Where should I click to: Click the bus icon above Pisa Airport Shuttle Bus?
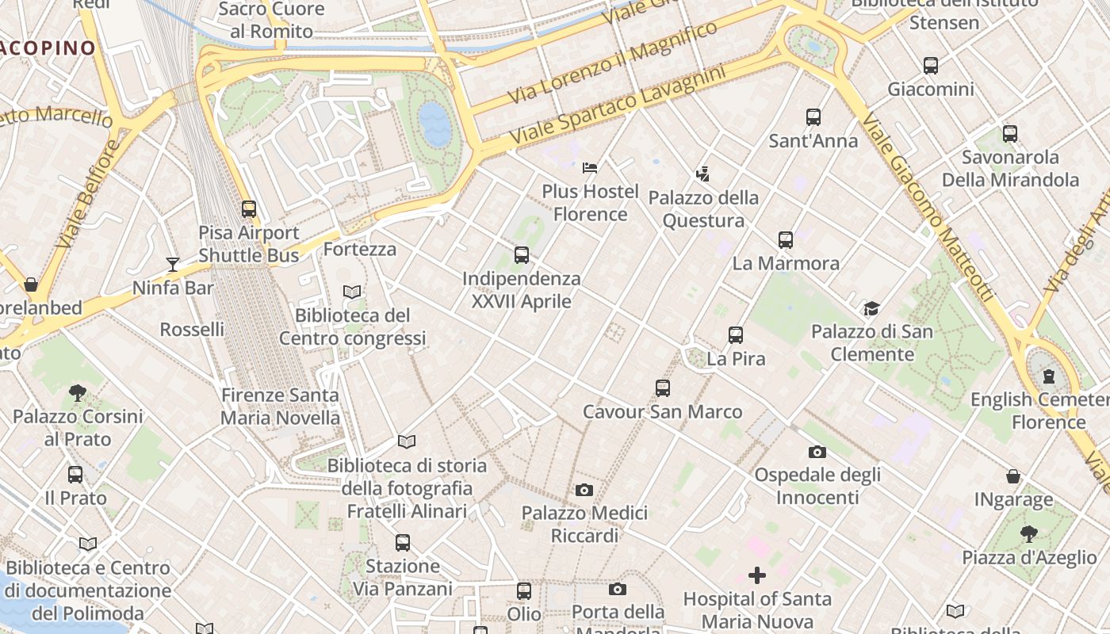(x=249, y=209)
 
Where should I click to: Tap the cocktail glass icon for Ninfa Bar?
(x=172, y=264)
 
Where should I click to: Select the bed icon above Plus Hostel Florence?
(x=590, y=167)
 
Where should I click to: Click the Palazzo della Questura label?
(x=703, y=209)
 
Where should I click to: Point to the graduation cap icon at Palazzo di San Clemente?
(x=871, y=308)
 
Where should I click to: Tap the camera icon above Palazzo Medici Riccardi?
(x=584, y=490)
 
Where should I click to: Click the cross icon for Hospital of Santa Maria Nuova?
(x=757, y=575)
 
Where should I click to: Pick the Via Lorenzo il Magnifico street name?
(x=613, y=63)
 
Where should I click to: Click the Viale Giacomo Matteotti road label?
(x=927, y=208)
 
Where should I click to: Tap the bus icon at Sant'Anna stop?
(x=813, y=117)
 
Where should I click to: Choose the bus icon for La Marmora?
(x=785, y=239)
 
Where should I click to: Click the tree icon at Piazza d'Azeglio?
(x=1028, y=533)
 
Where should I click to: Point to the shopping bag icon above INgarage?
(x=1013, y=476)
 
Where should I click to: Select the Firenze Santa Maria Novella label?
(x=280, y=407)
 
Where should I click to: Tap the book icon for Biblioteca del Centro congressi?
(x=352, y=292)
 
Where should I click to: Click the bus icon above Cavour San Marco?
(x=663, y=388)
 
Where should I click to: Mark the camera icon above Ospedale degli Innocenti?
(x=817, y=452)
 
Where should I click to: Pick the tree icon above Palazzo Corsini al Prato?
(x=77, y=391)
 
